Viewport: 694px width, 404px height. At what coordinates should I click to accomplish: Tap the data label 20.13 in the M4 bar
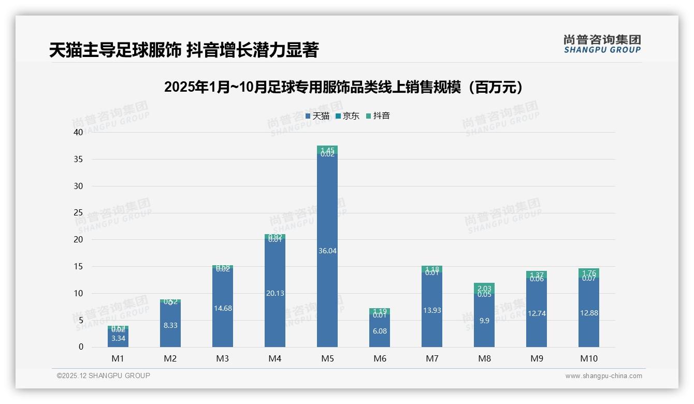pyautogui.click(x=274, y=293)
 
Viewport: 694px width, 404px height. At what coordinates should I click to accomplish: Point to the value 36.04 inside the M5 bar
pyautogui.click(x=327, y=251)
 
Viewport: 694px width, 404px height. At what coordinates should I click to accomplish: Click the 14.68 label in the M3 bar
pyautogui.click(x=222, y=308)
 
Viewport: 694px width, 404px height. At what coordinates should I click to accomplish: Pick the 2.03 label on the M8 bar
pyautogui.click(x=484, y=288)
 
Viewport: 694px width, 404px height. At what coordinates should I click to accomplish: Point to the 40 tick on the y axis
pyautogui.click(x=78, y=132)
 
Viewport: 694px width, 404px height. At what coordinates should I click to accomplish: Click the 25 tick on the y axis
pyautogui.click(x=78, y=213)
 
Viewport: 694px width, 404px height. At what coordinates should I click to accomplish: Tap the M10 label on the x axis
pyautogui.click(x=588, y=358)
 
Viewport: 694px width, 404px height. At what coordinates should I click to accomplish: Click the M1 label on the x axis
pyautogui.click(x=118, y=358)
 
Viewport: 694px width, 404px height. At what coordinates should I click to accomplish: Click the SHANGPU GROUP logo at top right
pyautogui.click(x=602, y=44)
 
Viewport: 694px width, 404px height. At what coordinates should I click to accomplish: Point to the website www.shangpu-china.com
pyautogui.click(x=603, y=376)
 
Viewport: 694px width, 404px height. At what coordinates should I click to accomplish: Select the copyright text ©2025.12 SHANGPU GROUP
pyautogui.click(x=104, y=376)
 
